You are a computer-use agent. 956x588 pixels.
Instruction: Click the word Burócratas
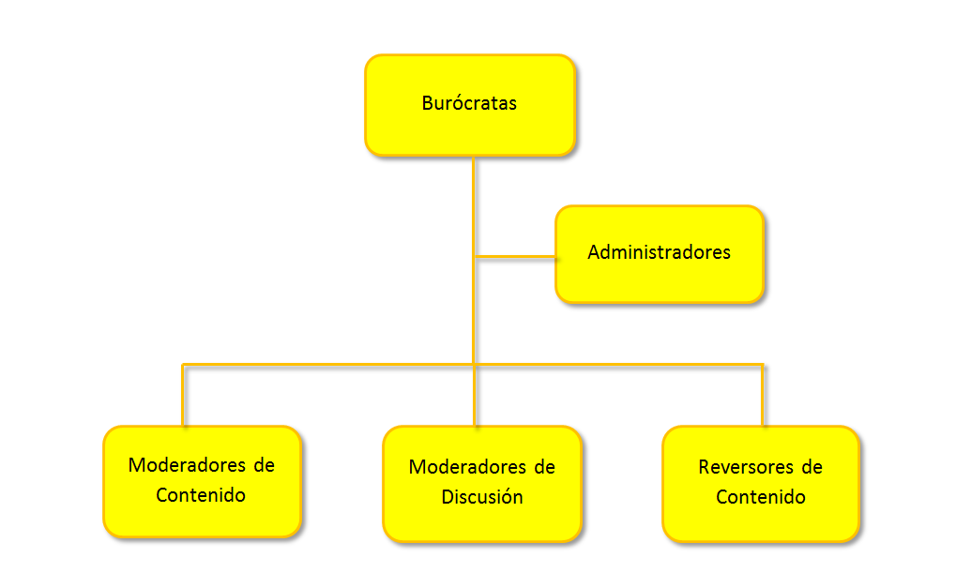[x=469, y=104]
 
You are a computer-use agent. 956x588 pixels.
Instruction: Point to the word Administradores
[x=660, y=252]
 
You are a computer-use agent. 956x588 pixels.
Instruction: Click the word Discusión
[x=482, y=497]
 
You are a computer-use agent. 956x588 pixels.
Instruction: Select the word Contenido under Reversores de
[x=761, y=497]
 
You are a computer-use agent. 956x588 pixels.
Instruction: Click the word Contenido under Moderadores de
[x=202, y=494]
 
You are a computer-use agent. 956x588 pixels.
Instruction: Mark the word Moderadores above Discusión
[x=457, y=467]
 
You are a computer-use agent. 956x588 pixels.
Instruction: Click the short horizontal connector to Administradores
[x=516, y=256]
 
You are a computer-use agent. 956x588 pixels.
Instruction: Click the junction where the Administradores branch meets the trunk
[x=475, y=256]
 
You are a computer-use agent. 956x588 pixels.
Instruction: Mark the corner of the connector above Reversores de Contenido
[x=763, y=364]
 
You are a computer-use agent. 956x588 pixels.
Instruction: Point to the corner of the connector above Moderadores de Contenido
[x=183, y=364]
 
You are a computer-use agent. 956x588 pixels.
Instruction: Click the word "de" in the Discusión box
[x=544, y=467]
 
